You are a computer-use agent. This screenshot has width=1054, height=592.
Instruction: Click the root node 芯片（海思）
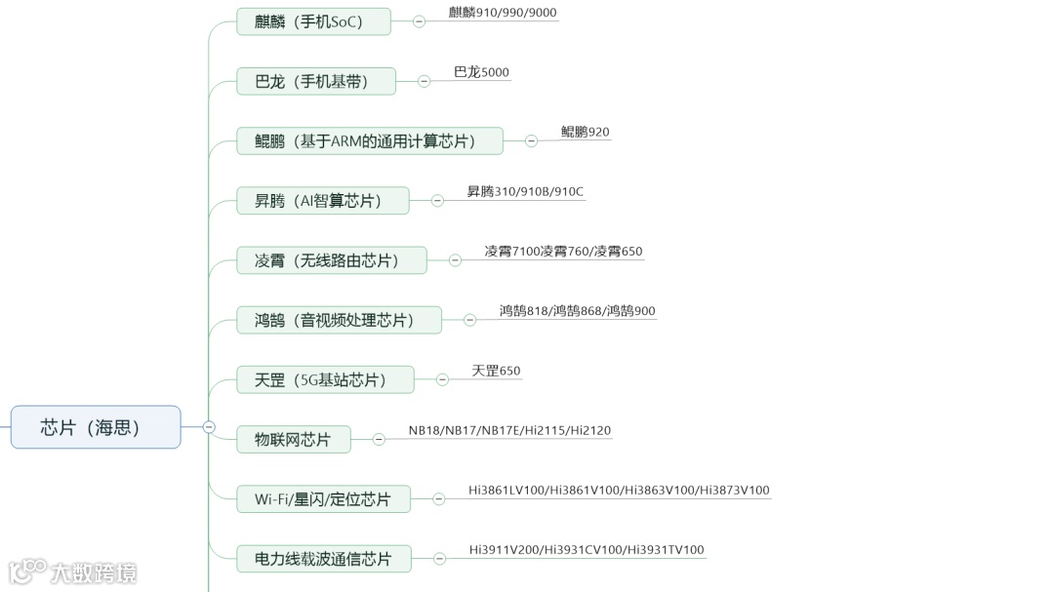[x=96, y=427]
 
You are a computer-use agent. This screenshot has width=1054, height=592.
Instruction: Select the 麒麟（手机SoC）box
[x=313, y=21]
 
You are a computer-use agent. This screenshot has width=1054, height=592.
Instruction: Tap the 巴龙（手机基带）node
[x=316, y=81]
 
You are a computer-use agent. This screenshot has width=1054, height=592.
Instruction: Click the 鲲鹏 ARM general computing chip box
[x=370, y=140]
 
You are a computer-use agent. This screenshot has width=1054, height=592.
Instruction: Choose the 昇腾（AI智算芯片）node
[x=323, y=201]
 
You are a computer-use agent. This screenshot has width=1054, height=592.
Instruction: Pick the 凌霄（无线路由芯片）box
[x=332, y=260]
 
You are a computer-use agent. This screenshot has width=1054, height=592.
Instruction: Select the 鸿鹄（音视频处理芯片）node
[x=339, y=320]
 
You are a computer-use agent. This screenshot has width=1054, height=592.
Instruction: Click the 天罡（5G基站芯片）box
[x=325, y=379]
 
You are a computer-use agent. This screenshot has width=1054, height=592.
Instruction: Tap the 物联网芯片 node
[x=293, y=440]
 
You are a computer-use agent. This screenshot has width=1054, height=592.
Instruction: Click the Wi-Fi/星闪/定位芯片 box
[x=323, y=499]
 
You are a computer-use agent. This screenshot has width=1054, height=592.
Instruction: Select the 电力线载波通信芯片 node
[x=324, y=559]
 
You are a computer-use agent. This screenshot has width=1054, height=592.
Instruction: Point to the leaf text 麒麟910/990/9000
[x=503, y=13]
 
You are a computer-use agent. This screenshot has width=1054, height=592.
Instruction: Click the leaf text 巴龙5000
[x=481, y=72]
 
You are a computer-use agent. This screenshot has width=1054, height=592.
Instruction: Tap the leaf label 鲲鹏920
[x=585, y=132]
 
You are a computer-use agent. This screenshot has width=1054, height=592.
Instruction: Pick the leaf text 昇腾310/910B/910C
[x=525, y=191]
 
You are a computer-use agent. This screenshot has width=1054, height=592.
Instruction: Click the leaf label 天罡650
[x=496, y=371]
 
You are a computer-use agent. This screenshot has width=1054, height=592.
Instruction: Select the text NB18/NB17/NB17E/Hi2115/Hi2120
[x=509, y=430]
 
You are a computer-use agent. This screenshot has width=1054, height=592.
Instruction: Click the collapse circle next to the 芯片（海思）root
[x=209, y=426]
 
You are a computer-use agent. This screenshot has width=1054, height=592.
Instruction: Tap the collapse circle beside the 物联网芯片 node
[x=379, y=440]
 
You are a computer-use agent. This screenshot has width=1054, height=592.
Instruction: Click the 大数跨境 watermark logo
[x=73, y=572]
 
